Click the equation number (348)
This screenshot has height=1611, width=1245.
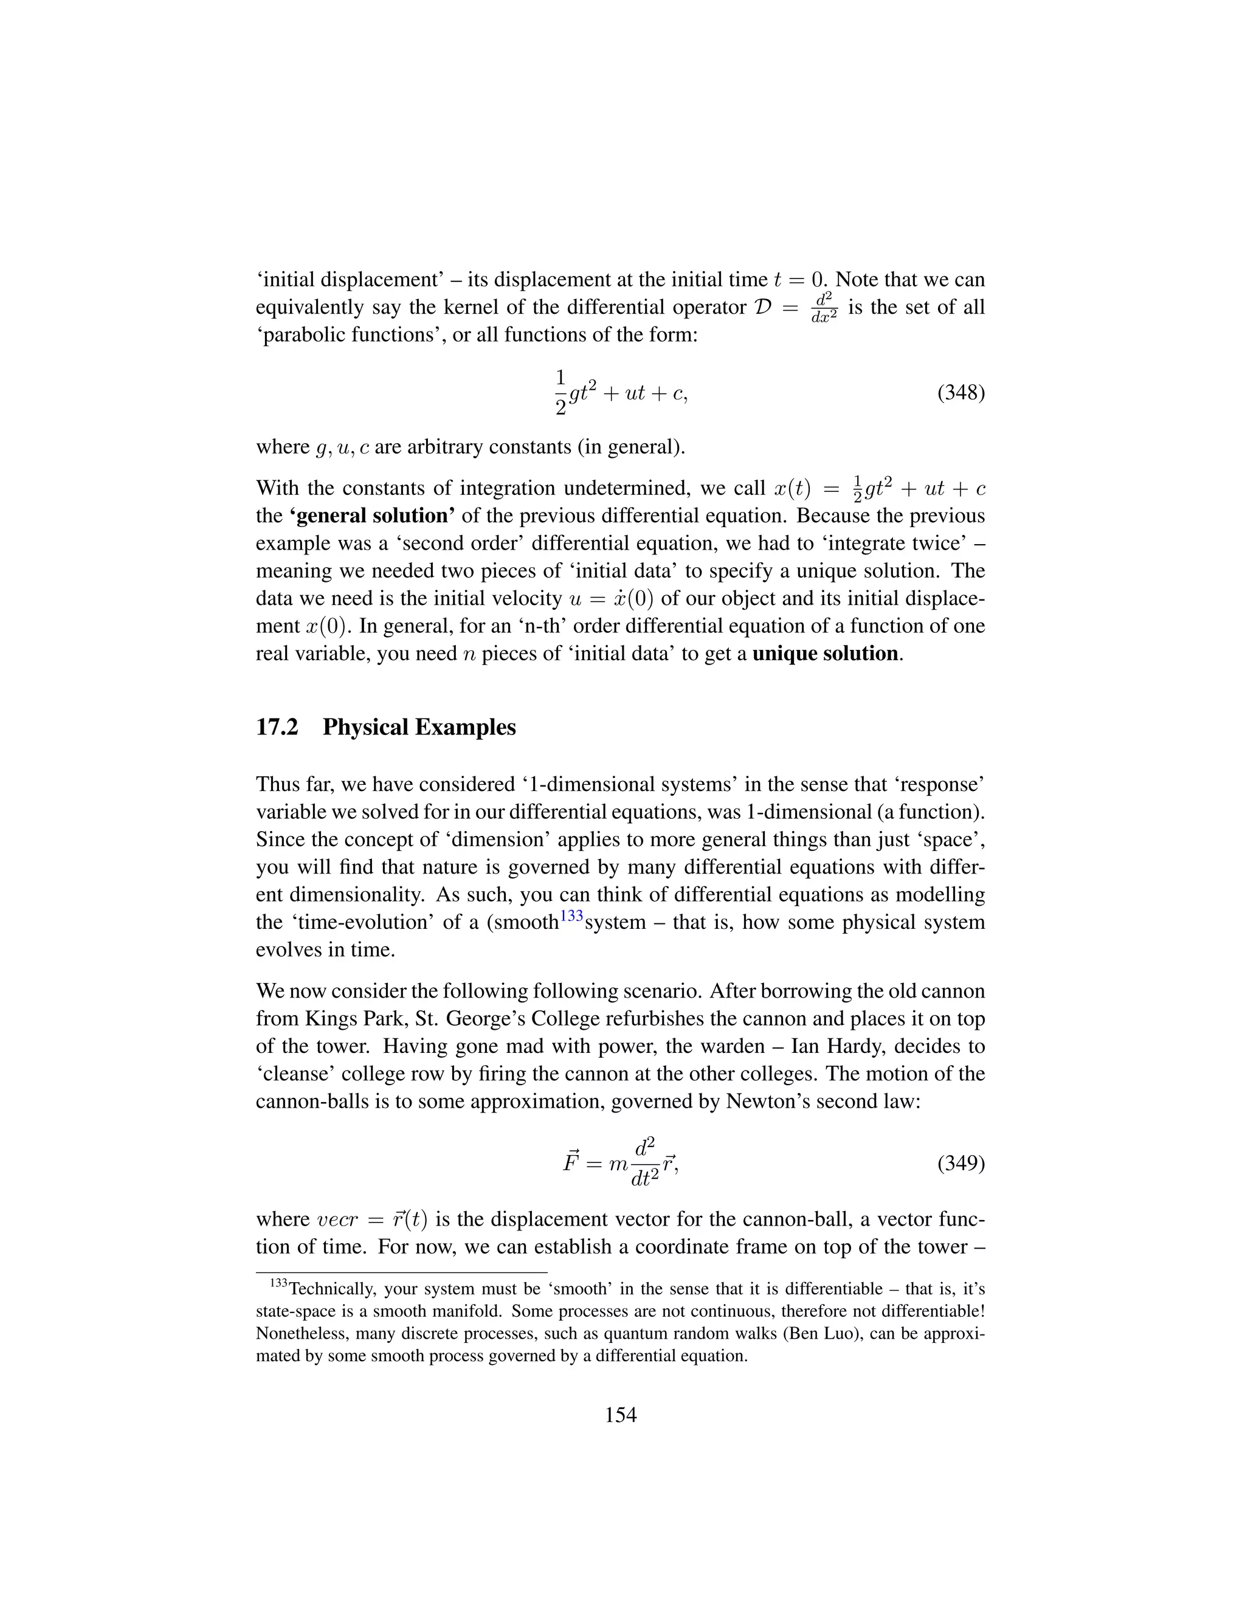[960, 393]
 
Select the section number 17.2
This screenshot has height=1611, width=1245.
[277, 727]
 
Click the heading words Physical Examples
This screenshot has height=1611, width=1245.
[419, 727]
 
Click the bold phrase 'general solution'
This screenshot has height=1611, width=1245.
[371, 515]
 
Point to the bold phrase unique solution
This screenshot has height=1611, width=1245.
[824, 654]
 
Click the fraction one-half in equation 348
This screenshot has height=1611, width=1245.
[560, 393]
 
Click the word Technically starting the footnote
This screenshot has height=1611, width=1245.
[331, 1289]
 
